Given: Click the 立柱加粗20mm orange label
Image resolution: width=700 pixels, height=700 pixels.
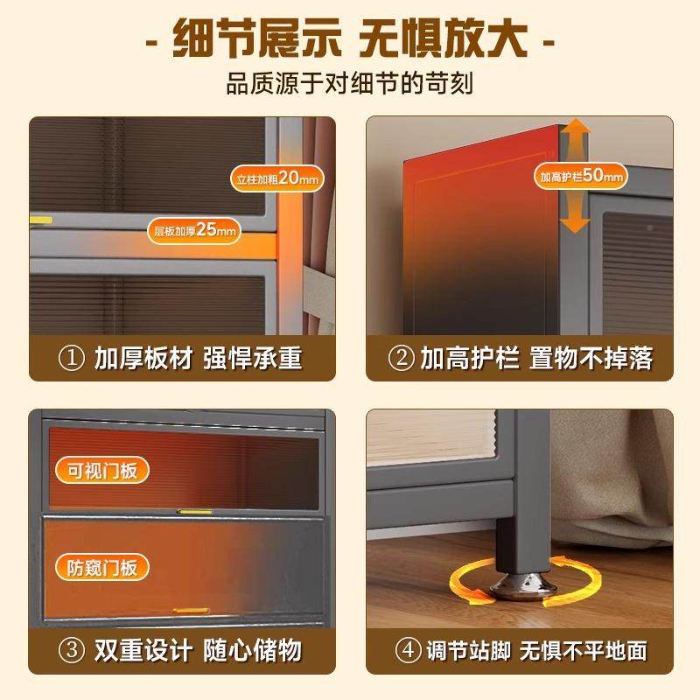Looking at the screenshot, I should tap(277, 178).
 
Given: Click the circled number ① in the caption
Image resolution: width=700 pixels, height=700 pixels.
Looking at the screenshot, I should tap(71, 359).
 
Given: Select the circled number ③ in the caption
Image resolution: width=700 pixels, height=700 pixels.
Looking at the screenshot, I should tap(71, 651).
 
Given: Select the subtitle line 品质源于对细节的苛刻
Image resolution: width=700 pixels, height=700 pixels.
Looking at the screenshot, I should tap(350, 86).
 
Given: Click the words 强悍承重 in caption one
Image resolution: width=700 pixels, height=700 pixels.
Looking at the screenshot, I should tap(254, 359).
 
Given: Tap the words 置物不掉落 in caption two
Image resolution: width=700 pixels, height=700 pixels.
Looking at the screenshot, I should tap(591, 359).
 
